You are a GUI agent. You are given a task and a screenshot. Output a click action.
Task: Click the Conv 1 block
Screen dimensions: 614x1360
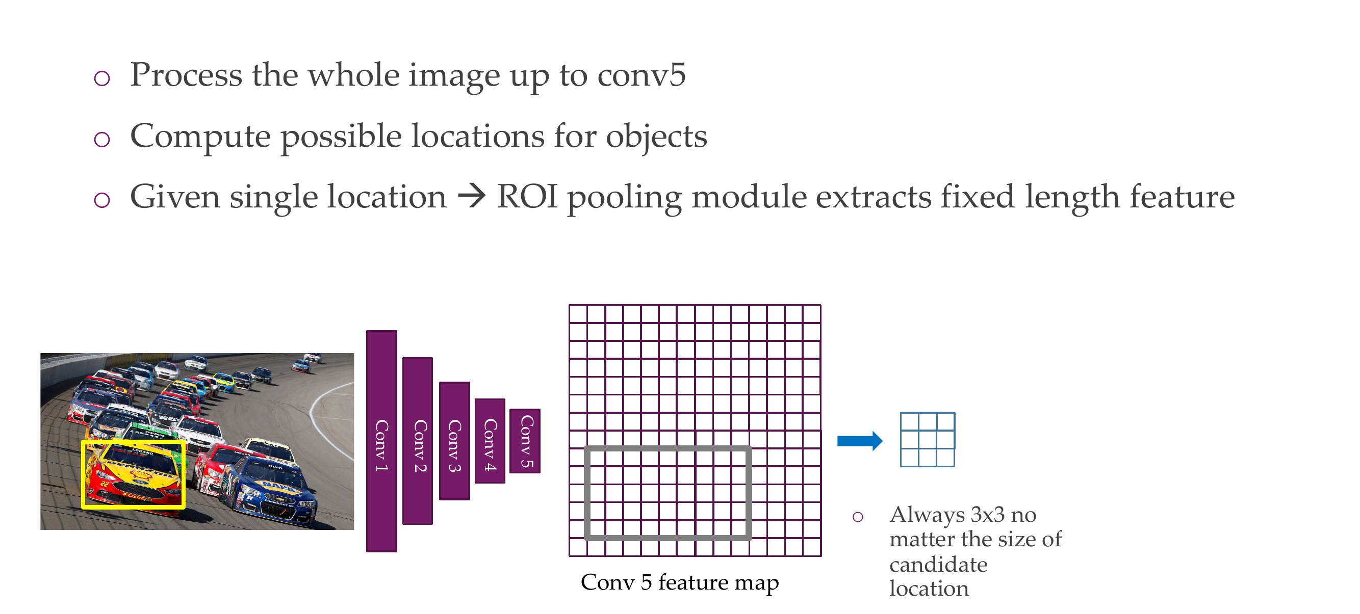pos(381,441)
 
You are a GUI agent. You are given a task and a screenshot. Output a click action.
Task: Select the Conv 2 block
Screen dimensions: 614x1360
pos(417,441)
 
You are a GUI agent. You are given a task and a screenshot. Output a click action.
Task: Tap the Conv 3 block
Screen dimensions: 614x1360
pos(454,441)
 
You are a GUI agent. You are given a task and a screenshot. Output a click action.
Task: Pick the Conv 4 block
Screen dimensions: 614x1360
pos(490,441)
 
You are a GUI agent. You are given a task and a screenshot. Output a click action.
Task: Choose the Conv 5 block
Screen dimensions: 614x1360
pos(524,441)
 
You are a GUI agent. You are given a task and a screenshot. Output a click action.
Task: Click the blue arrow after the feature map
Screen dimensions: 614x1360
pos(859,441)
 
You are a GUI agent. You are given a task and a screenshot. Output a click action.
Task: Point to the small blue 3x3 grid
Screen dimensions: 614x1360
pos(927,439)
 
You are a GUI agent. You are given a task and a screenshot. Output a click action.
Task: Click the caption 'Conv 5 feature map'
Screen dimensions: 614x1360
pos(679,582)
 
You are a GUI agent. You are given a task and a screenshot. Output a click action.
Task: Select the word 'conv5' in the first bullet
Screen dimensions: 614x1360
pos(641,75)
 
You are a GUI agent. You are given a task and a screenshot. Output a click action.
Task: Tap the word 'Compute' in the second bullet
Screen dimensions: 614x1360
pos(200,136)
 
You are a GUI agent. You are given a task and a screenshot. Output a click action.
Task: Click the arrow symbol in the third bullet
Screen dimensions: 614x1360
pos(472,197)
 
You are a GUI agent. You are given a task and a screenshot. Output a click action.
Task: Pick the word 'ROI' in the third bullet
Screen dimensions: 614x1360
pos(527,197)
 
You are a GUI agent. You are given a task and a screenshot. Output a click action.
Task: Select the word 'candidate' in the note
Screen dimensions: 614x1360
pos(938,565)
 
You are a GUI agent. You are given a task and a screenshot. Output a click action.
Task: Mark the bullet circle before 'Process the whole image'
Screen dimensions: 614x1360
pos(102,78)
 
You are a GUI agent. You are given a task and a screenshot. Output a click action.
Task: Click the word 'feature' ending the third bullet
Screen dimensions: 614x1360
pos(1182,197)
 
